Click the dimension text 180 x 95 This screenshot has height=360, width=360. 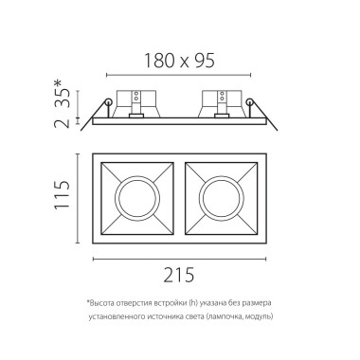[180, 60]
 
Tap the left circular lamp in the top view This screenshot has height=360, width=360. [135, 199]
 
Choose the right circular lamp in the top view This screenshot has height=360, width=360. [224, 199]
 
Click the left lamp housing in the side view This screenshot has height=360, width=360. [134, 102]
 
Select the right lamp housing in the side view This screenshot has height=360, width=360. [216, 102]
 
